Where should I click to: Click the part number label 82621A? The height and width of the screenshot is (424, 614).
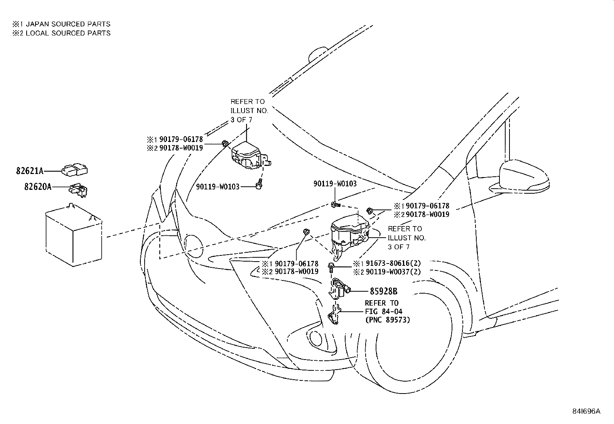pyautogui.click(x=30, y=171)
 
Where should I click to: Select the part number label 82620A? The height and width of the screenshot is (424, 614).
pyautogui.click(x=37, y=187)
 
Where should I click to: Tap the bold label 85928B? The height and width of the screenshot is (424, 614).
pyautogui.click(x=383, y=292)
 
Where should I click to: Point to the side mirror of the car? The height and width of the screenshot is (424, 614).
pyautogui.click(x=524, y=176)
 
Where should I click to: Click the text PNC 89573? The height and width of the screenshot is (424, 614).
pyautogui.click(x=387, y=320)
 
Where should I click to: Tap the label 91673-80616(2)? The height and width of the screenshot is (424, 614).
pyautogui.click(x=393, y=264)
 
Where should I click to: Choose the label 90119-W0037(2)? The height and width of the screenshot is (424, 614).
pyautogui.click(x=393, y=272)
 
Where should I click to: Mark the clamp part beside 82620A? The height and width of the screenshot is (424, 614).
pyautogui.click(x=79, y=189)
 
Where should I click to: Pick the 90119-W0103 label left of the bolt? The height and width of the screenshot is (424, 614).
pyautogui.click(x=218, y=187)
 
